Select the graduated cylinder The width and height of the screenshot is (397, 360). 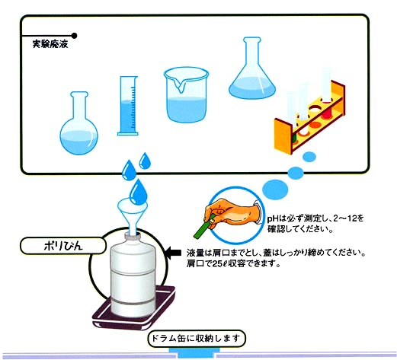click(128, 106)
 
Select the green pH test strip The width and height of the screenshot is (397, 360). click(204, 227)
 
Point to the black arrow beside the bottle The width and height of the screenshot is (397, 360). click(173, 253)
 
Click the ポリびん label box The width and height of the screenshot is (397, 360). click(63, 246)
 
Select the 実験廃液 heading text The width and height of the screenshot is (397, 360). click(50, 44)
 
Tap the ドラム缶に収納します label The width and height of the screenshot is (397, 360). click(197, 339)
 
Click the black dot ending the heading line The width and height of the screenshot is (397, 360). click(74, 36)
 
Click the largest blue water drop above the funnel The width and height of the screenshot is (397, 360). click(139, 192)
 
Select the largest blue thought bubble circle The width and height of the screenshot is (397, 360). click(275, 189)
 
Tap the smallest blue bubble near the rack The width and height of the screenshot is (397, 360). click(309, 157)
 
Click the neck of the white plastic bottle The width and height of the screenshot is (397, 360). click(132, 237)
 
